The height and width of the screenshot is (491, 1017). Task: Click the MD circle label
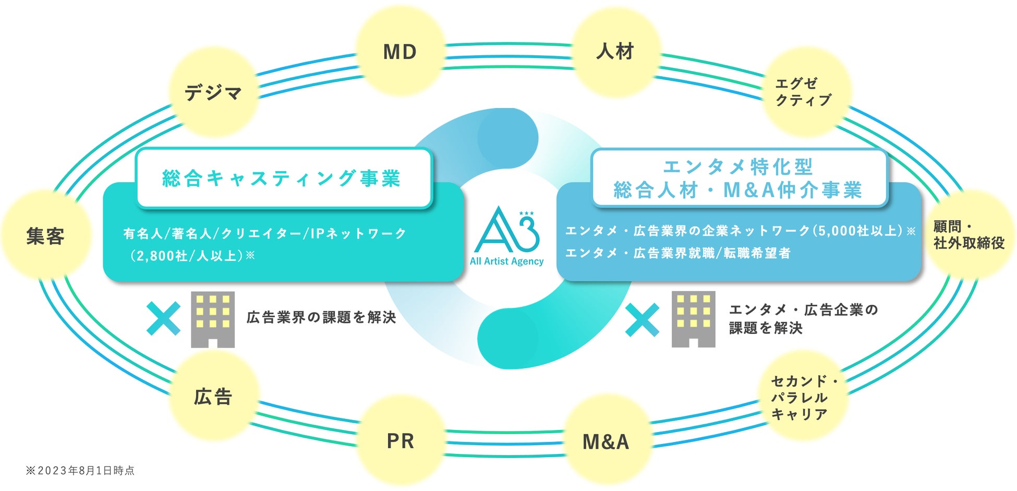400,52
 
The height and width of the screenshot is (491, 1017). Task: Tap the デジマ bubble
213,93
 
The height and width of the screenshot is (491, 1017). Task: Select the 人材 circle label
615,51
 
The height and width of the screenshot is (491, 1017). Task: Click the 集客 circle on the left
45,236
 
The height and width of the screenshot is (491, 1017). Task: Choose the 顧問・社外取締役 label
968,235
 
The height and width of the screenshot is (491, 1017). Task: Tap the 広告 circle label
213,397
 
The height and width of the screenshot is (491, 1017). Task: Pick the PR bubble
400,441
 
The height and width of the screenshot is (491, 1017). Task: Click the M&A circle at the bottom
606,441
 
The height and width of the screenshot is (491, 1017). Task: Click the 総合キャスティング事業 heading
282,178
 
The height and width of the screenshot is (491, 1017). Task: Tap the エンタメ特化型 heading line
738,167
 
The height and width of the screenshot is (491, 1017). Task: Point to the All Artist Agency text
506,261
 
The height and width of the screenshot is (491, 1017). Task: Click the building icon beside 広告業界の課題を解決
213,319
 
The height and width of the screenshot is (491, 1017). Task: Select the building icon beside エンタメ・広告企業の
693,319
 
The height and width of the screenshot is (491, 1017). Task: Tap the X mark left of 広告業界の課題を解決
163,318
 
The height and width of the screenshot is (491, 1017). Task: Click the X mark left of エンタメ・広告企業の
642,320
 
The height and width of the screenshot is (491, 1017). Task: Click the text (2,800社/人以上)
189,256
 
